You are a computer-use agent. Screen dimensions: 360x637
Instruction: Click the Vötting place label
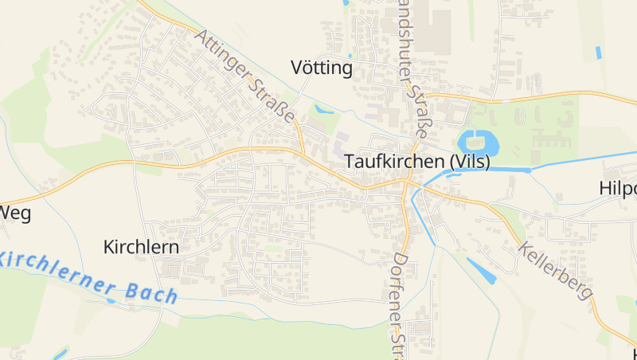click(322, 68)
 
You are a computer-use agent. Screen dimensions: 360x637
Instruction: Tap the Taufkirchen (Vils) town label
click(417, 161)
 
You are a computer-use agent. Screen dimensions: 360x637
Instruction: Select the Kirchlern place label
click(141, 247)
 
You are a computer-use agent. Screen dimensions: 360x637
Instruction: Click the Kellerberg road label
click(556, 271)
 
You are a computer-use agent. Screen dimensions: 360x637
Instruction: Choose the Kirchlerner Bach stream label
click(88, 277)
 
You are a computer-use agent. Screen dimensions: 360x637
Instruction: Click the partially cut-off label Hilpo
click(619, 189)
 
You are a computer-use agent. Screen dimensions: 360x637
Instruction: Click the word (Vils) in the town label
click(470, 161)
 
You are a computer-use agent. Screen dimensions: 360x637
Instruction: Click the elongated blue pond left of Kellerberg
click(481, 271)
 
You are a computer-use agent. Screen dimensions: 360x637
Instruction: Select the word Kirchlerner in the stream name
click(56, 269)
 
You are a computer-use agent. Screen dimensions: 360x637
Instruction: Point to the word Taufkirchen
click(394, 161)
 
